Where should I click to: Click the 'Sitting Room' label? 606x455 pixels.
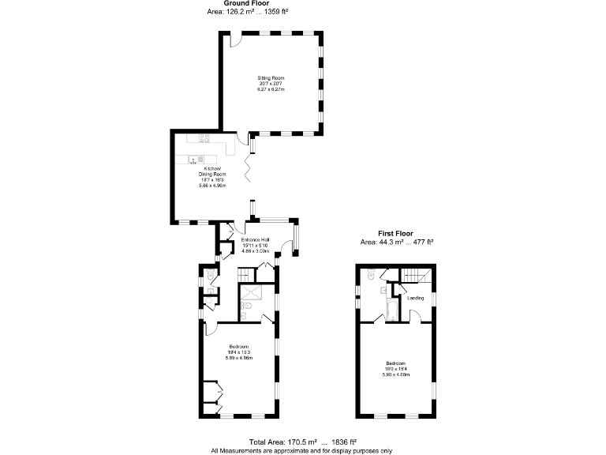(271, 77)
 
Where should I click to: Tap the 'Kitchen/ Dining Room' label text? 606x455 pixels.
(212, 173)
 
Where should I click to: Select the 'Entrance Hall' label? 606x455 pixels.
(256, 239)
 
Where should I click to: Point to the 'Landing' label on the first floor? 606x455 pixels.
(415, 298)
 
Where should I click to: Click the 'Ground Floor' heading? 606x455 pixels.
(246, 4)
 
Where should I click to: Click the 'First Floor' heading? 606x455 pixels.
(396, 234)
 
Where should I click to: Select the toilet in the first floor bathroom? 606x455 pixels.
(371, 277)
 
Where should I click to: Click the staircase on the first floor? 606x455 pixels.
(416, 276)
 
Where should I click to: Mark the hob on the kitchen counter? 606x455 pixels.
(204, 138)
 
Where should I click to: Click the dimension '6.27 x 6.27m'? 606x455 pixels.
(271, 89)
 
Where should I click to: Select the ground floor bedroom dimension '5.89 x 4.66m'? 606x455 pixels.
(239, 358)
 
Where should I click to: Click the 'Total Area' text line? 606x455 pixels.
(303, 442)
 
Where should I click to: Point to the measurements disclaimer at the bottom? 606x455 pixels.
(303, 450)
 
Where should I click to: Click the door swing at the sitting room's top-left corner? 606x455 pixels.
(234, 39)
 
